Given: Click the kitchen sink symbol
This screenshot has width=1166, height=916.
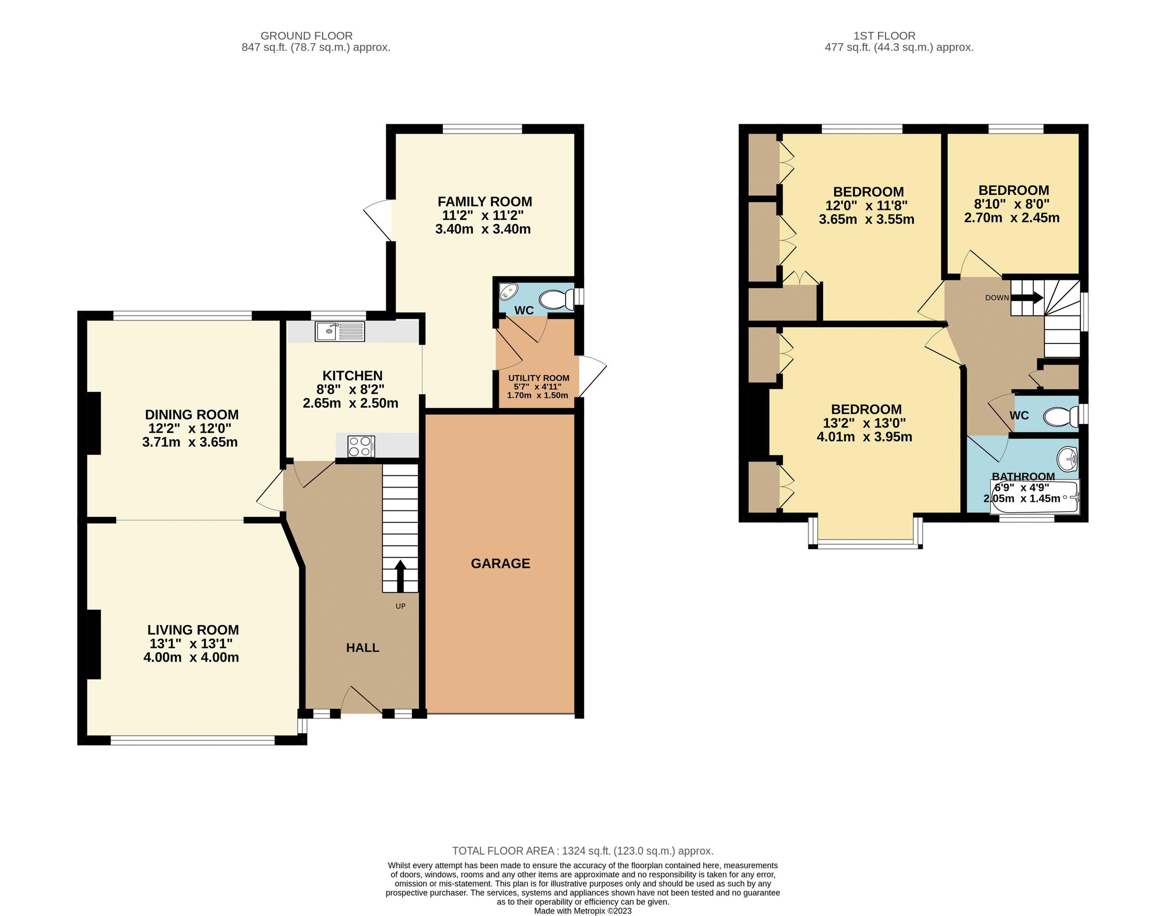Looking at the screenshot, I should point(339,331).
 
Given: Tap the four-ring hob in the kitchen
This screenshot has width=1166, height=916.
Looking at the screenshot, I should point(361,446).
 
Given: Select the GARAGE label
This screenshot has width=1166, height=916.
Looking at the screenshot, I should point(500,563).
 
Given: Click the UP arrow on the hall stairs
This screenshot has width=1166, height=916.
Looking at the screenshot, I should point(400,576).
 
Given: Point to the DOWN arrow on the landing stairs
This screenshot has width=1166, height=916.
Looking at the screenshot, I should point(1027,297).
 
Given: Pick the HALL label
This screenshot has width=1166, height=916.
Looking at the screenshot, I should point(362,648).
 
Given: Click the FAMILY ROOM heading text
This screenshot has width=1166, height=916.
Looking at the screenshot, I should point(485,202).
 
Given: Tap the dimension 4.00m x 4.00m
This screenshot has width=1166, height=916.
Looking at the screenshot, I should point(191,657).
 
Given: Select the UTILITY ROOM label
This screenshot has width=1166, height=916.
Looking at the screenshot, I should point(538,378).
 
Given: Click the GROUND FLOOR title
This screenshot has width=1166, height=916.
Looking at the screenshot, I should point(306,36).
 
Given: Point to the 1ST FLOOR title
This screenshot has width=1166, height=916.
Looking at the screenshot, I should point(884,36).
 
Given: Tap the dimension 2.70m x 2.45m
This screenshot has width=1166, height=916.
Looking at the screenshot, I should point(1012,218).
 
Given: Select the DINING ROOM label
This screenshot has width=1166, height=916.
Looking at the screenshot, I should point(191,415).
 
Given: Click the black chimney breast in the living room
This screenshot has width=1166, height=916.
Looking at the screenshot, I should point(94,644).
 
